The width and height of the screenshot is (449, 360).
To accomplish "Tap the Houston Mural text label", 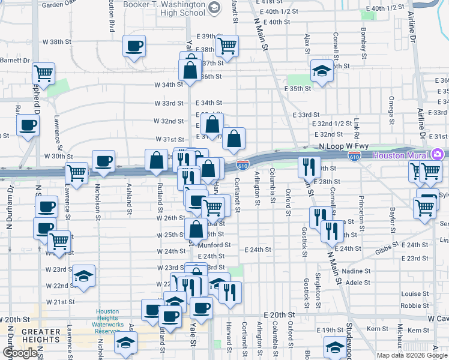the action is pos(400,155).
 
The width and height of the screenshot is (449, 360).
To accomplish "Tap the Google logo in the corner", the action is pos(20,353).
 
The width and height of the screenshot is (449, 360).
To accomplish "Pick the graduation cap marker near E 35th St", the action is pos(322,71).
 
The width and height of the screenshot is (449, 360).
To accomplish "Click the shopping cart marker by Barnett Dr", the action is pos(43,73).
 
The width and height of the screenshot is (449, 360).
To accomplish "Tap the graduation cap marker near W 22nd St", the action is pos(84,276).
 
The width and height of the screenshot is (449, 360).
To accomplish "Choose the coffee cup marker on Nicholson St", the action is pos(104,161).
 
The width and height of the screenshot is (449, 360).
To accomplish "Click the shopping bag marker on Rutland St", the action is pos(157,160).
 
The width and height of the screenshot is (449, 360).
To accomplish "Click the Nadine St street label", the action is pos(358,271).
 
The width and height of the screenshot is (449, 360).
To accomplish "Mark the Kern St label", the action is pos(377,329).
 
